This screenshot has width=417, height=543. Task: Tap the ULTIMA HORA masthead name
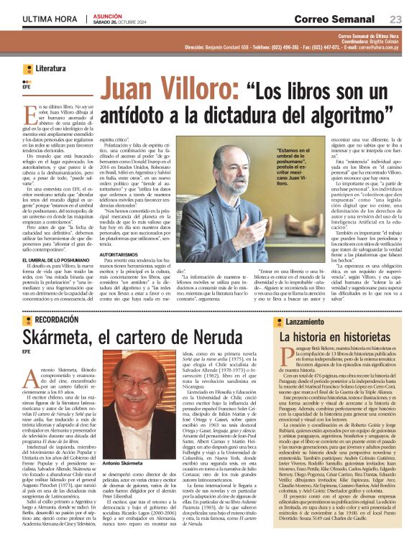click(x=49, y=18)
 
